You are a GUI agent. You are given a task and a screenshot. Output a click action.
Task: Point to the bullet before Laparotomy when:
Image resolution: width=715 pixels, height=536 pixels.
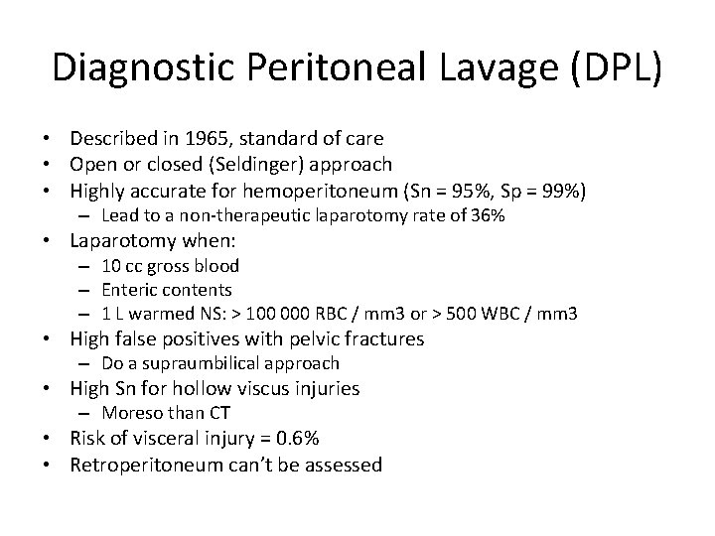pyautogui.click(x=54, y=241)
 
